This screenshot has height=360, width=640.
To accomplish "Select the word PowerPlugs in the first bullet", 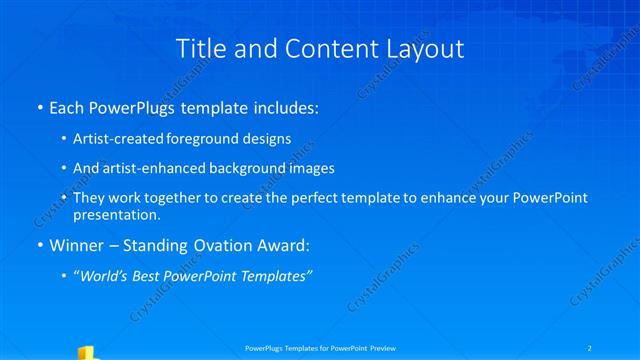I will click(135, 105).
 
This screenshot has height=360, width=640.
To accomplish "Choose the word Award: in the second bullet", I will click(282, 243).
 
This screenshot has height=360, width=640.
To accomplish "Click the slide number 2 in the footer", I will click(591, 347).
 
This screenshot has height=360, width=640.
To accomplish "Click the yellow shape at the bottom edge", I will click(87, 353).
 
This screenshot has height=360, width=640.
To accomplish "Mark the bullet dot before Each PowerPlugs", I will click(39, 106).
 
